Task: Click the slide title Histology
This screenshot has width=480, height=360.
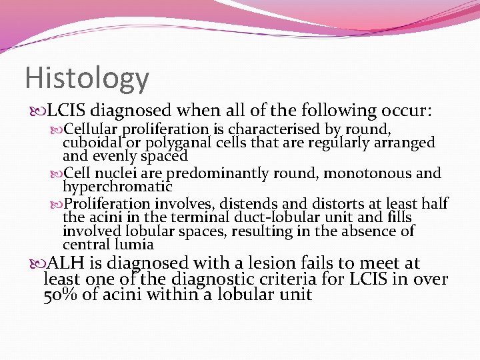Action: [87, 78]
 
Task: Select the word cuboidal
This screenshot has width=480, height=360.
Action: [93, 143]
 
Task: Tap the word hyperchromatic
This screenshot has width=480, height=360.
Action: [117, 187]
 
